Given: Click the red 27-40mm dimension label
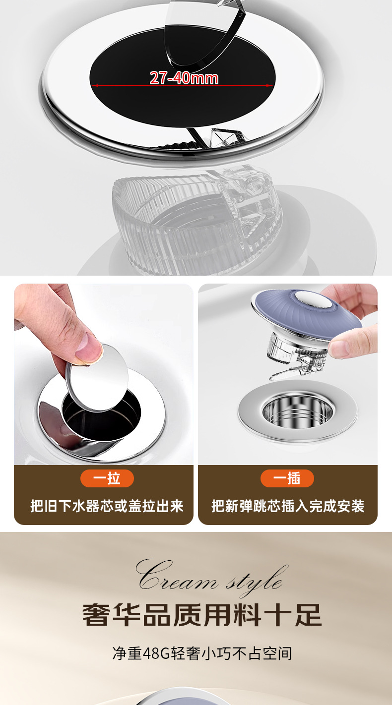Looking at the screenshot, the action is click(x=184, y=78).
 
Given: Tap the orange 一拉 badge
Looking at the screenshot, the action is click(x=107, y=478).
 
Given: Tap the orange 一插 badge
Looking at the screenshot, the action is click(x=287, y=478).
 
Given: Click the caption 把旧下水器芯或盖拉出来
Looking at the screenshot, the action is click(x=107, y=506).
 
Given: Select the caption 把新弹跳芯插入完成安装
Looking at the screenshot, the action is click(x=288, y=506).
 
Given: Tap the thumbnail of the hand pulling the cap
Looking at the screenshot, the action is click(x=104, y=374).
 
